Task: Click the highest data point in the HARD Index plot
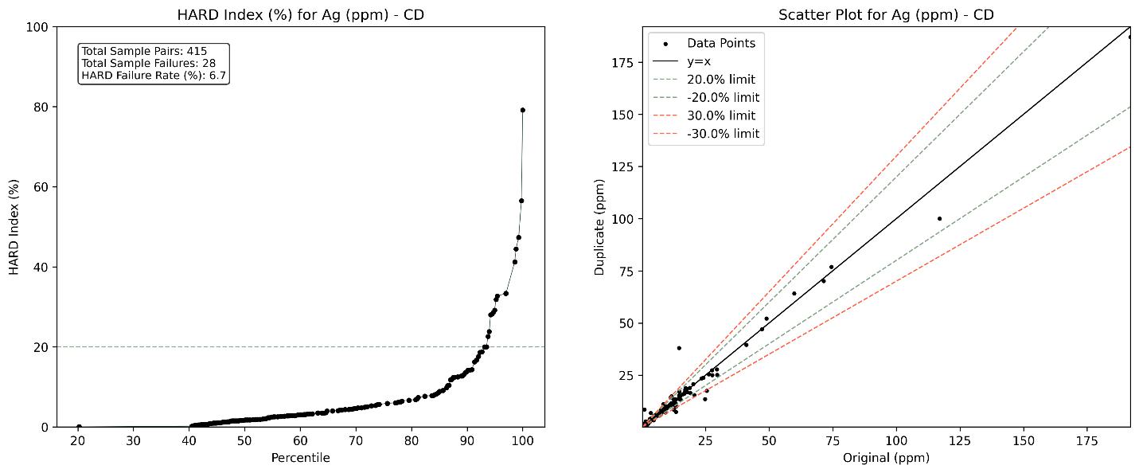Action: coord(523,110)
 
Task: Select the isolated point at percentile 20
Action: coord(79,427)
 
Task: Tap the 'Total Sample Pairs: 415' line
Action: coord(144,51)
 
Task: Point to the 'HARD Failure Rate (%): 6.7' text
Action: coord(154,76)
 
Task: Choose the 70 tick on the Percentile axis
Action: coord(356,440)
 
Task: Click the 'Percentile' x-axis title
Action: coord(301,458)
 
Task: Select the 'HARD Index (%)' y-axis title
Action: coord(14,227)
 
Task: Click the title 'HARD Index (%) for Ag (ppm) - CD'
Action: coord(301,15)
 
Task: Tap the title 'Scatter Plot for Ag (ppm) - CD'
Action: coord(886,15)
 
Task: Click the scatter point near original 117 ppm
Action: coord(940,219)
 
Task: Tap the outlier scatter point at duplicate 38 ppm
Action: coord(679,349)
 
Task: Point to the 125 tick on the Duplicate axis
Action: coord(623,166)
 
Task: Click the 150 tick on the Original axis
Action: coord(1024,440)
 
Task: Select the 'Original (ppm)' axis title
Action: coord(886,458)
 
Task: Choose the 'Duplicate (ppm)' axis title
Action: coord(600,227)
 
